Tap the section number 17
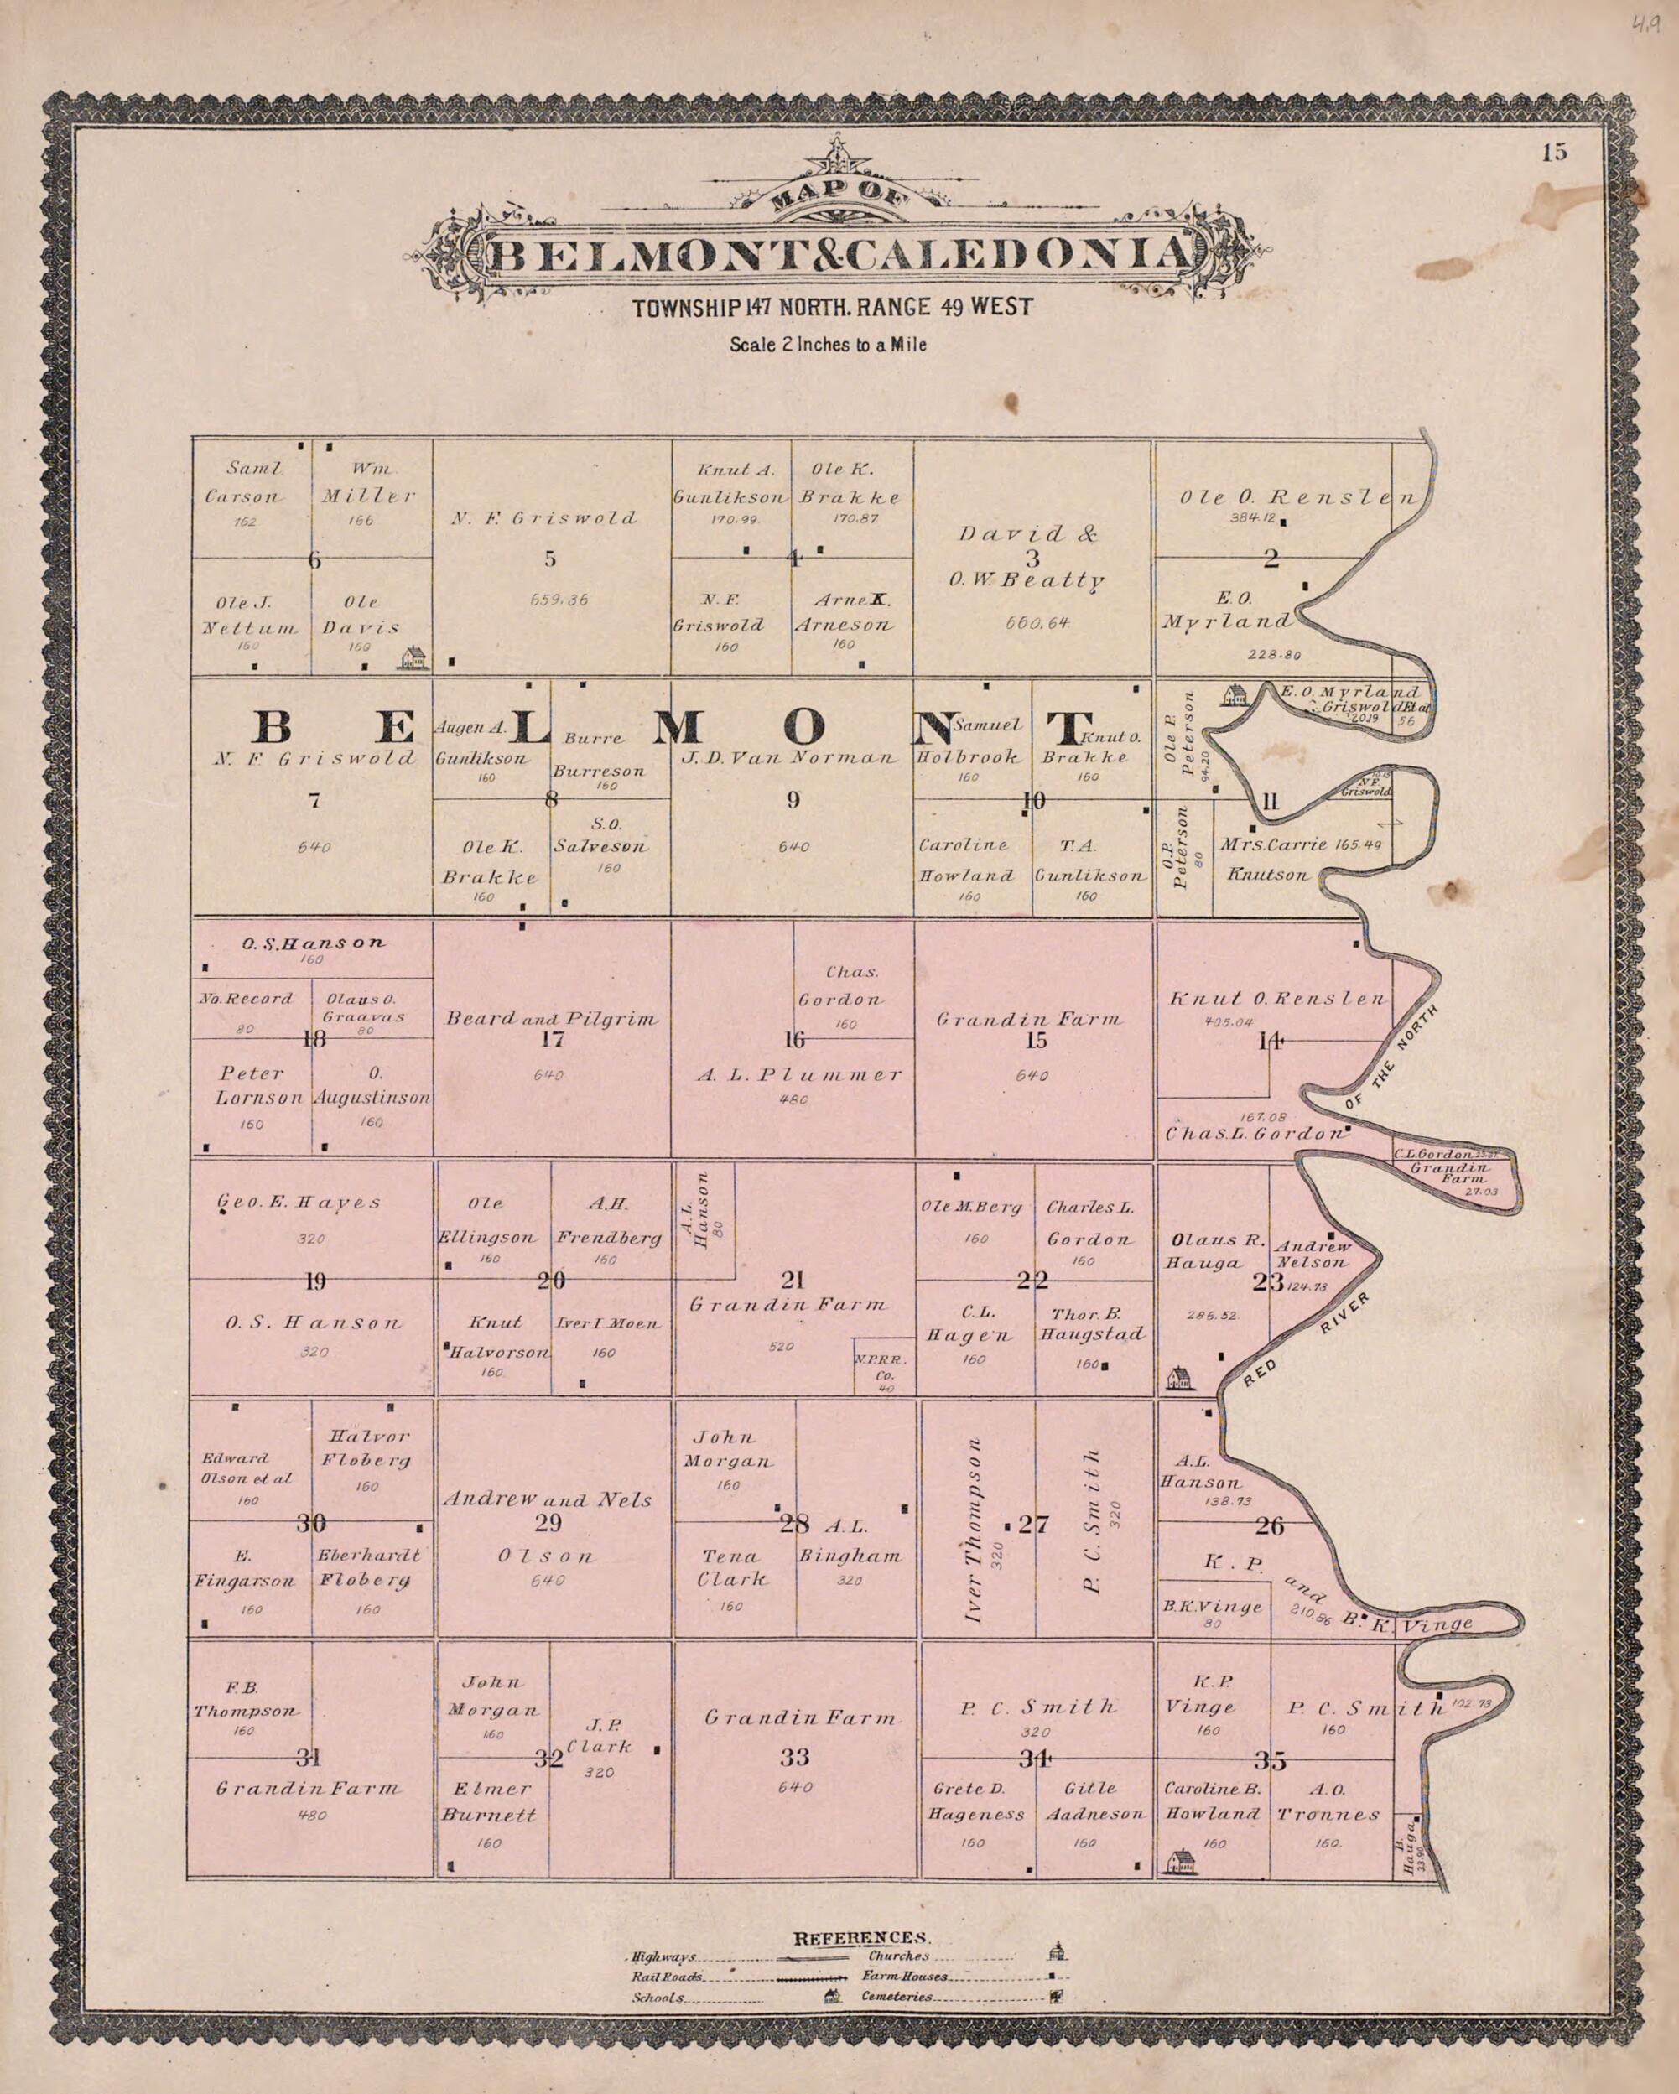coord(552,1040)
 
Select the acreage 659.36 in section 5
coord(559,600)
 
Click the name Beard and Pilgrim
coord(552,1019)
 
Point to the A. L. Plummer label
coord(799,1075)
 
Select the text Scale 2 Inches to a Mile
coord(828,344)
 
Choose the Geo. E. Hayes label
coord(300,1203)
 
